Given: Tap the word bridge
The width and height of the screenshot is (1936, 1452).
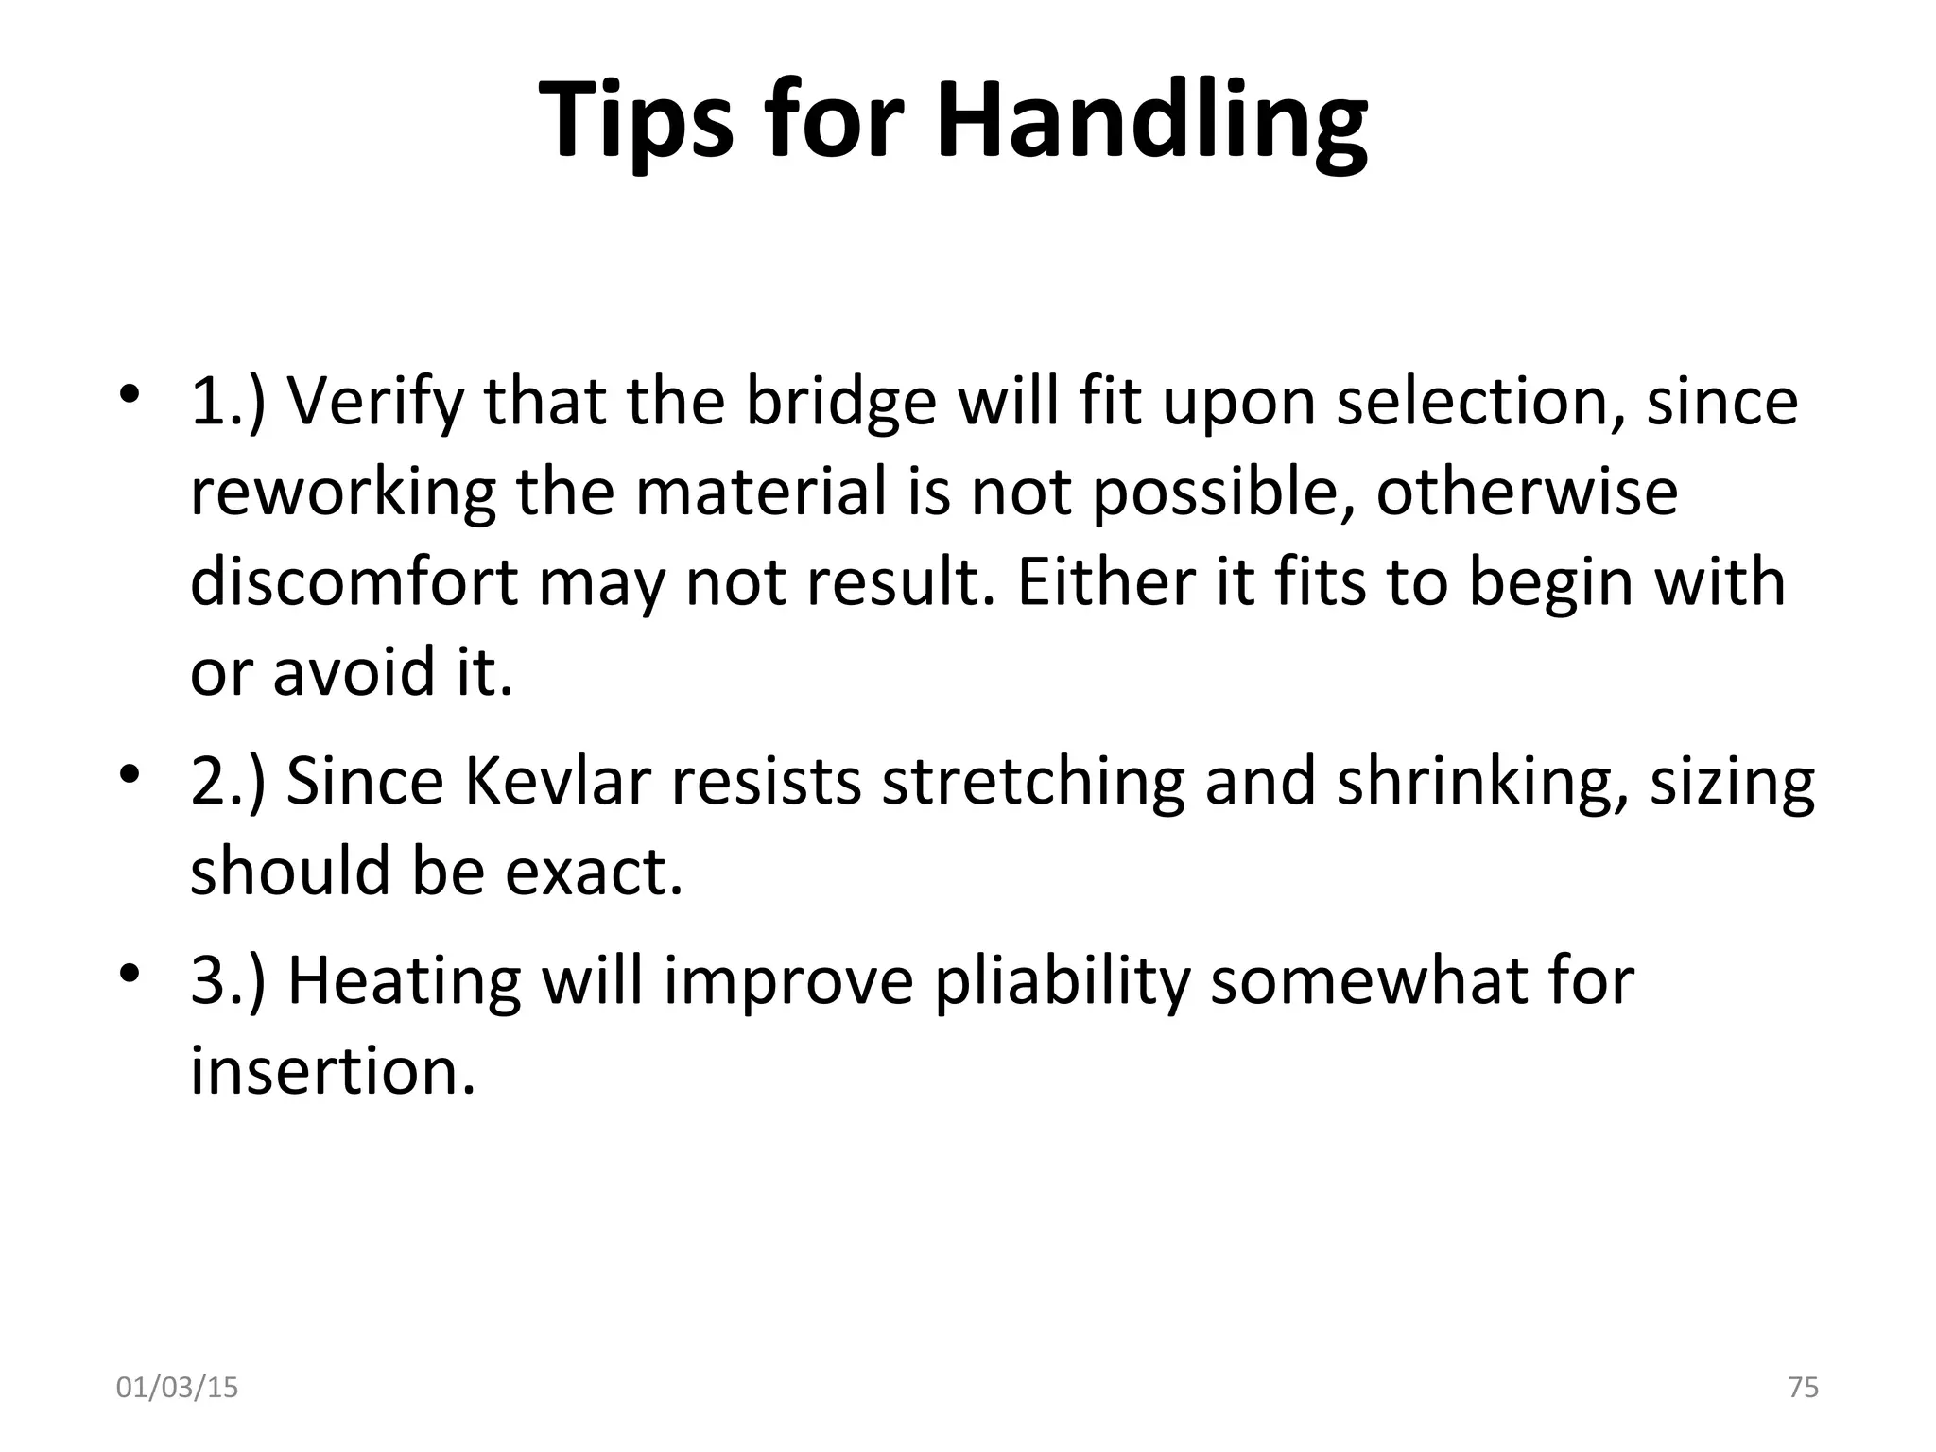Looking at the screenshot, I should (x=840, y=402).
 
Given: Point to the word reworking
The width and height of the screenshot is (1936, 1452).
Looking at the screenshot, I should (x=342, y=493).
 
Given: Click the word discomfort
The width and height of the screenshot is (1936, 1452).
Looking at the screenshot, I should (x=354, y=581).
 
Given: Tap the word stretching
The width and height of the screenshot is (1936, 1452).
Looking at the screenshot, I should (x=1031, y=782).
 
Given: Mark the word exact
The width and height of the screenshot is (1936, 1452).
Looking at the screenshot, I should (x=593, y=871).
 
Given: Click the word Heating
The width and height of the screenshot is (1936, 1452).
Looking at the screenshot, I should (x=404, y=980).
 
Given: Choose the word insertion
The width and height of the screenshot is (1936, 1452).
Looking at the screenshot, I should (x=332, y=1071).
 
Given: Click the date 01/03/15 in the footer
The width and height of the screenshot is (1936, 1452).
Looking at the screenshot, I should (x=177, y=1388).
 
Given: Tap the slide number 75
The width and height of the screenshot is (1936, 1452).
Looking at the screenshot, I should (x=1804, y=1387).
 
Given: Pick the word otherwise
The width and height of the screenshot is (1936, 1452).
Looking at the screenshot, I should (x=1526, y=493).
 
